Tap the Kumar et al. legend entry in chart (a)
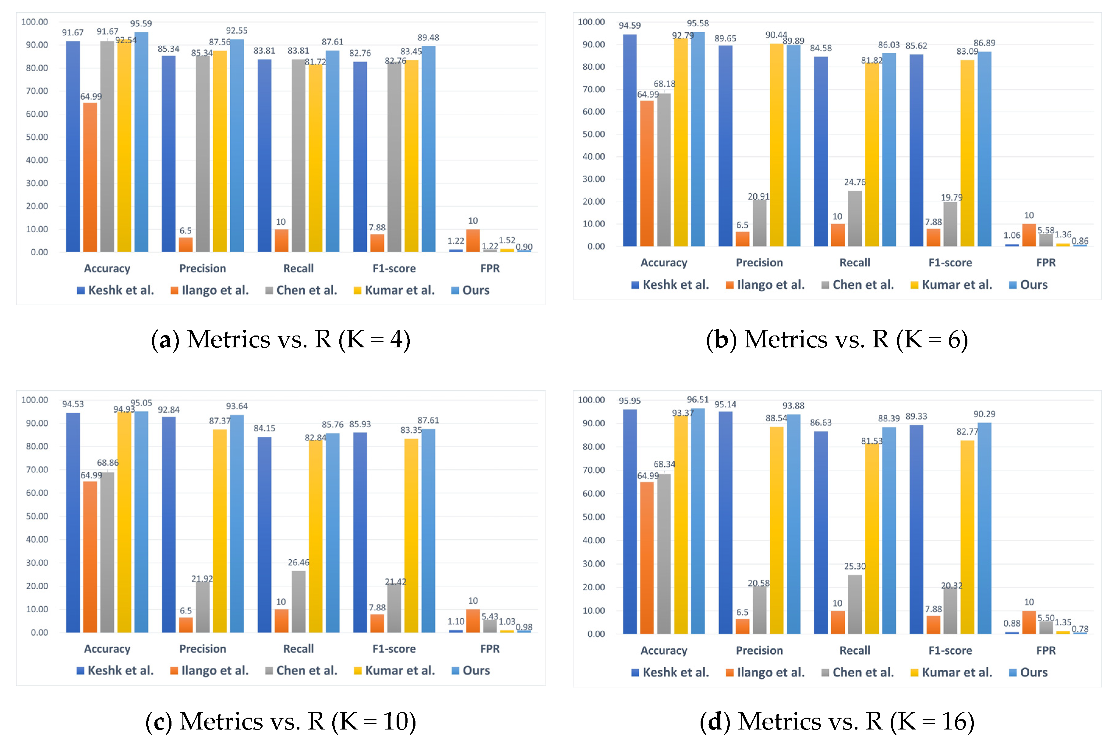pyautogui.click(x=394, y=290)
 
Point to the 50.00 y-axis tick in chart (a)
pyautogui.click(x=37, y=137)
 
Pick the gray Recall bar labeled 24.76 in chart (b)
pyautogui.click(x=854, y=218)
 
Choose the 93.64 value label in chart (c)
pyautogui.click(x=237, y=406)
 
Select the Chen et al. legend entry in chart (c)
pyautogui.click(x=301, y=671)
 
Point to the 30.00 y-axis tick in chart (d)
pyautogui.click(x=593, y=564)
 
